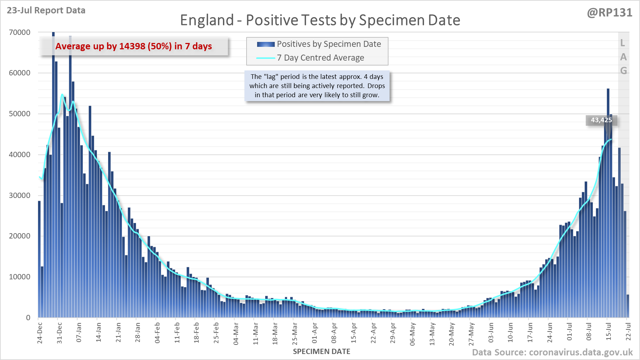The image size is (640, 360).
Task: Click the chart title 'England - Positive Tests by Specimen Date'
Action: coord(320,20)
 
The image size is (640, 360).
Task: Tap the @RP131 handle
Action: coord(609,13)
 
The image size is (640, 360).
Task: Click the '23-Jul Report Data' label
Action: coord(46,10)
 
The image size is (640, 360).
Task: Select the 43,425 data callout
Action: coord(601,120)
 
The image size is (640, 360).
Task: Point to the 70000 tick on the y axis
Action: coord(20,32)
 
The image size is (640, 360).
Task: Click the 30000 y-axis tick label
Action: coord(20,195)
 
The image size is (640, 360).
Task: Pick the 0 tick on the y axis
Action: coord(28,318)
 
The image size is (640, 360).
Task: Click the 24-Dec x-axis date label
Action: coord(40,333)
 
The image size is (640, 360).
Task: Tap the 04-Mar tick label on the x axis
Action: coord(236,333)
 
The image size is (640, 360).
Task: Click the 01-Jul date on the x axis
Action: coord(570,332)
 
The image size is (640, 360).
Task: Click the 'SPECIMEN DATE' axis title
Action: coord(322,352)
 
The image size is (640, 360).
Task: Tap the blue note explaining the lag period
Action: coord(317,86)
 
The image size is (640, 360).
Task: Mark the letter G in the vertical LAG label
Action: coord(623,70)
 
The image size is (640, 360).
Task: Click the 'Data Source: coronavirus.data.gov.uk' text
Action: coord(552,352)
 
